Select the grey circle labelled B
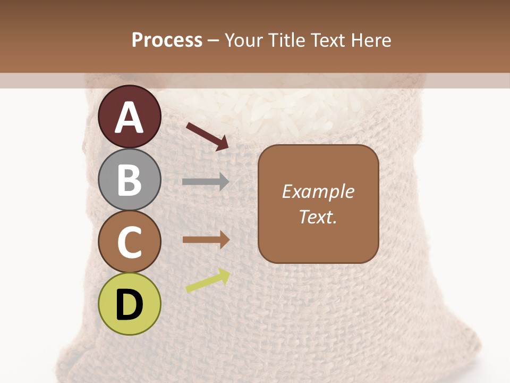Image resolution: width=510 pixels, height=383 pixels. tap(130, 180)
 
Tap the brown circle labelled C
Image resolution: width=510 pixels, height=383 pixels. tap(130, 242)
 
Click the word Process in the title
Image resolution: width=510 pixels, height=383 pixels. tap(167, 40)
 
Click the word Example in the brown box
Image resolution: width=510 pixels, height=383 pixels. tap(318, 191)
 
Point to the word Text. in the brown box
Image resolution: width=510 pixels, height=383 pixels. tap(318, 217)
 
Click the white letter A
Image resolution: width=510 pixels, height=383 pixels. tap(130, 118)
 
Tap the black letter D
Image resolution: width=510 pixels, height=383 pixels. tap(130, 305)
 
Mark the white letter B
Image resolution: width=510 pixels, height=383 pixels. tap(130, 180)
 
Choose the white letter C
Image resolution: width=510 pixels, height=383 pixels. tap(130, 242)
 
